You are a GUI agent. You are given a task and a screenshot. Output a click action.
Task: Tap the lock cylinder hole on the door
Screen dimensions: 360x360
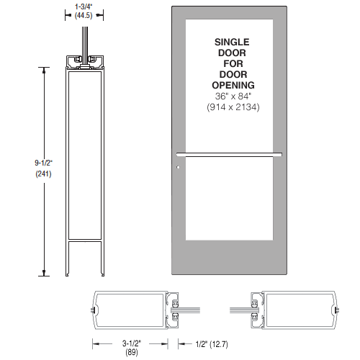pos(178,169)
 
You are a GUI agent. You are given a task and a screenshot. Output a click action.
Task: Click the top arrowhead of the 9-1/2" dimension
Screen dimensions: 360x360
pos(48,69)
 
